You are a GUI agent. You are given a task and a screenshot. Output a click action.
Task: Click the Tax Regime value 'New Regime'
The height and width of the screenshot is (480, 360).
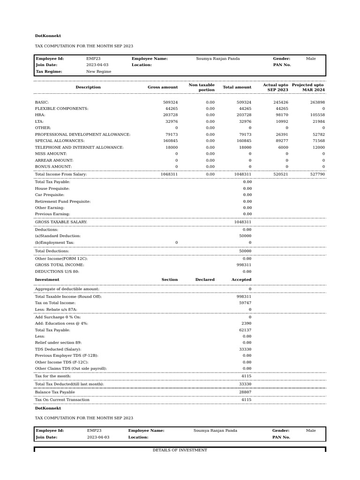[x=98, y=72]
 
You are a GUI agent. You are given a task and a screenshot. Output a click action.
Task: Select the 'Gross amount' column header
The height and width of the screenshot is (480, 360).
[x=163, y=87]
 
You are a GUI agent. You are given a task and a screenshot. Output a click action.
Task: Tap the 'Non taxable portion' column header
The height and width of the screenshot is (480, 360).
[x=202, y=87]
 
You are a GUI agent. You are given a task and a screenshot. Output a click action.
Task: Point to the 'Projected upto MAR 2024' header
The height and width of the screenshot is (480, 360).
[x=308, y=87]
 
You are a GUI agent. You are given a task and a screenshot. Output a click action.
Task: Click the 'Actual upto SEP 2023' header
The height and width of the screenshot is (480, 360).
[x=276, y=87]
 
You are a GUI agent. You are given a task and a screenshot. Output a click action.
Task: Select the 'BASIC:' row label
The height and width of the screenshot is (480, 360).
[x=42, y=102]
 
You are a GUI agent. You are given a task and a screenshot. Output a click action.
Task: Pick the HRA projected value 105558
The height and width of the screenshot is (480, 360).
[x=317, y=115]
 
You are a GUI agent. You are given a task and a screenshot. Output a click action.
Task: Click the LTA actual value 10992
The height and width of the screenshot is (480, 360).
[x=281, y=121]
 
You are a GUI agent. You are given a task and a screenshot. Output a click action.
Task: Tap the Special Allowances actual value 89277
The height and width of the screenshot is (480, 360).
[x=281, y=141]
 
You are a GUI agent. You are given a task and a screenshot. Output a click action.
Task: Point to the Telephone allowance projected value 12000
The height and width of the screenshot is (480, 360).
[x=317, y=147]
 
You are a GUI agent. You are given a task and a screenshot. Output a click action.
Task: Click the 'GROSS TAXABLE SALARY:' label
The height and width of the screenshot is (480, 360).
[x=61, y=222]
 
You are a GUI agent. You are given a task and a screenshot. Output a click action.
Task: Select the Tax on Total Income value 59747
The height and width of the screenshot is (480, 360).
[x=245, y=303]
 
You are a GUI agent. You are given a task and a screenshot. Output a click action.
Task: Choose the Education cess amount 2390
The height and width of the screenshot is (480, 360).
[x=247, y=323]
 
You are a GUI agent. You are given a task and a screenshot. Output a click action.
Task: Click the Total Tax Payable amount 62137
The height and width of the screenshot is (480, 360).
[x=245, y=330]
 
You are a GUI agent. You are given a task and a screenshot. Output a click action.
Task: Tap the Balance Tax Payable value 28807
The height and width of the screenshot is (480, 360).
[x=245, y=392]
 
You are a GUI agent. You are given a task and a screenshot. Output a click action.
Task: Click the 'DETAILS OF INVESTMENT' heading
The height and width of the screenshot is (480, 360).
[x=180, y=450]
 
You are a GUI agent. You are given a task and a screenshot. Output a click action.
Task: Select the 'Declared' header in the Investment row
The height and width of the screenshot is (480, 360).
[x=205, y=280]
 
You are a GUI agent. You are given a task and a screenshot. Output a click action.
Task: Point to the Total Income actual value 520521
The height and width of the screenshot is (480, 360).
[x=281, y=174]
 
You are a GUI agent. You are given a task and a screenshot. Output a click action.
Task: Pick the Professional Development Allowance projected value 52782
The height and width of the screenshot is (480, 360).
[x=317, y=135]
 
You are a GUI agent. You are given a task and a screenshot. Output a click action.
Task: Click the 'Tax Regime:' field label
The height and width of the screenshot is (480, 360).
[x=48, y=72]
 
